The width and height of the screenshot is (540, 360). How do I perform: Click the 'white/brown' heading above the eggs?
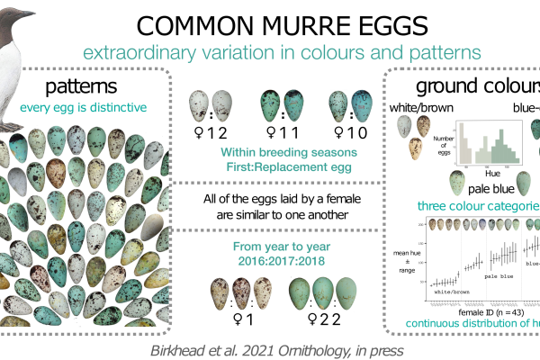420,109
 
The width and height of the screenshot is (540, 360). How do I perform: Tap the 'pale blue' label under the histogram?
491,190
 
